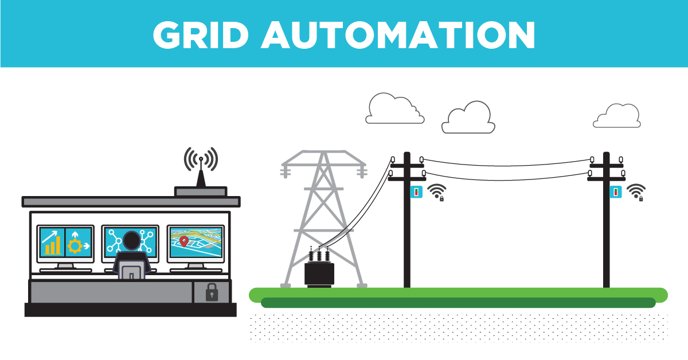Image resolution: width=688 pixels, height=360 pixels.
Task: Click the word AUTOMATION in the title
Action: point(398,36)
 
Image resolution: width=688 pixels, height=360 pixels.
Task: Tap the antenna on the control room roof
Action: point(201,172)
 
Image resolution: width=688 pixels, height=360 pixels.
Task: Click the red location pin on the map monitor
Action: point(183,241)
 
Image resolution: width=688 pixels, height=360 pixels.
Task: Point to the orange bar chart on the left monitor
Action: point(52,246)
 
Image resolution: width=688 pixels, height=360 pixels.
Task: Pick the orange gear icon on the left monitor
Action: point(75,246)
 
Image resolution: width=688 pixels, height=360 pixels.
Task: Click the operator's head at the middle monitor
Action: point(132,241)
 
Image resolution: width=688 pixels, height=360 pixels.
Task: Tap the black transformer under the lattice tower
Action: point(319,273)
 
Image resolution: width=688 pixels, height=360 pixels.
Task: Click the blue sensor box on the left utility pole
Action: point(416,191)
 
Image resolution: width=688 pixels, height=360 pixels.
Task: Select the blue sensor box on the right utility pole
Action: point(616,191)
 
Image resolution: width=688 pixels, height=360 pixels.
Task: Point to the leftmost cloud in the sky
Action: point(394,109)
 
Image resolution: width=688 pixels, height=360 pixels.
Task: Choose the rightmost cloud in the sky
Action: point(617,117)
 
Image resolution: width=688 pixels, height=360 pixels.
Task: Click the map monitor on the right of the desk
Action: point(196,243)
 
